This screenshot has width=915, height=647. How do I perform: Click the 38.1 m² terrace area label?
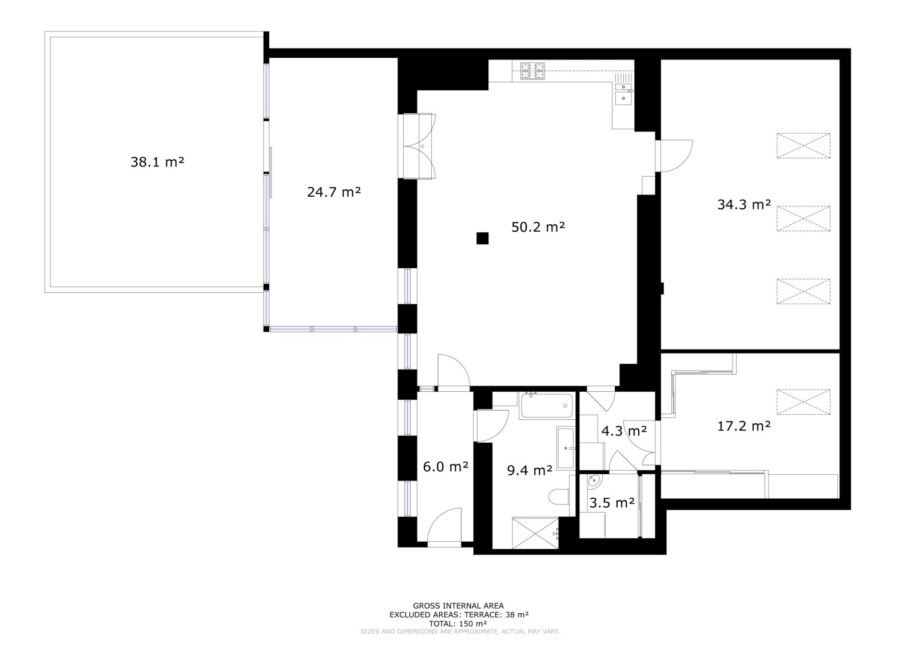[x=157, y=162]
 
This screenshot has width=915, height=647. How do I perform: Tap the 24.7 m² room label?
[x=334, y=192]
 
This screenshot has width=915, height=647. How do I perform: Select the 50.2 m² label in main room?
[x=538, y=227]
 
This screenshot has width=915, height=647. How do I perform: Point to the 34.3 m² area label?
[x=744, y=204]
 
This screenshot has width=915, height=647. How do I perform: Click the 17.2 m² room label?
[x=744, y=426]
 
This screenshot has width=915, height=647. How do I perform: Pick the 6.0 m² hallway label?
[x=445, y=467]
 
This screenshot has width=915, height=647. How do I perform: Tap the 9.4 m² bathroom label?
[x=530, y=470]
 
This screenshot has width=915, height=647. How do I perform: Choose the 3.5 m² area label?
[x=611, y=503]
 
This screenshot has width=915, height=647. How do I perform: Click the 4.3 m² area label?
[x=624, y=430]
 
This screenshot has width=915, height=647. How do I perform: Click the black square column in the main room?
[x=483, y=239]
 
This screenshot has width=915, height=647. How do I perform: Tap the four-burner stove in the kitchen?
[x=532, y=71]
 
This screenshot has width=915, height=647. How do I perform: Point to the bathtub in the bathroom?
[x=547, y=406]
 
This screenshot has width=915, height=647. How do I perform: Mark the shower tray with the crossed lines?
[x=535, y=533]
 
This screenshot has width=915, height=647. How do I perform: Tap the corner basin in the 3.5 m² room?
[x=594, y=481]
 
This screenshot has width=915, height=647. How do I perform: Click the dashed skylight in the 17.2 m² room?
[x=803, y=402]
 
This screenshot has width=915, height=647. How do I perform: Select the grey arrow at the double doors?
[x=425, y=146]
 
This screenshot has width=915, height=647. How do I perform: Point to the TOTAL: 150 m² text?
[x=457, y=624]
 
